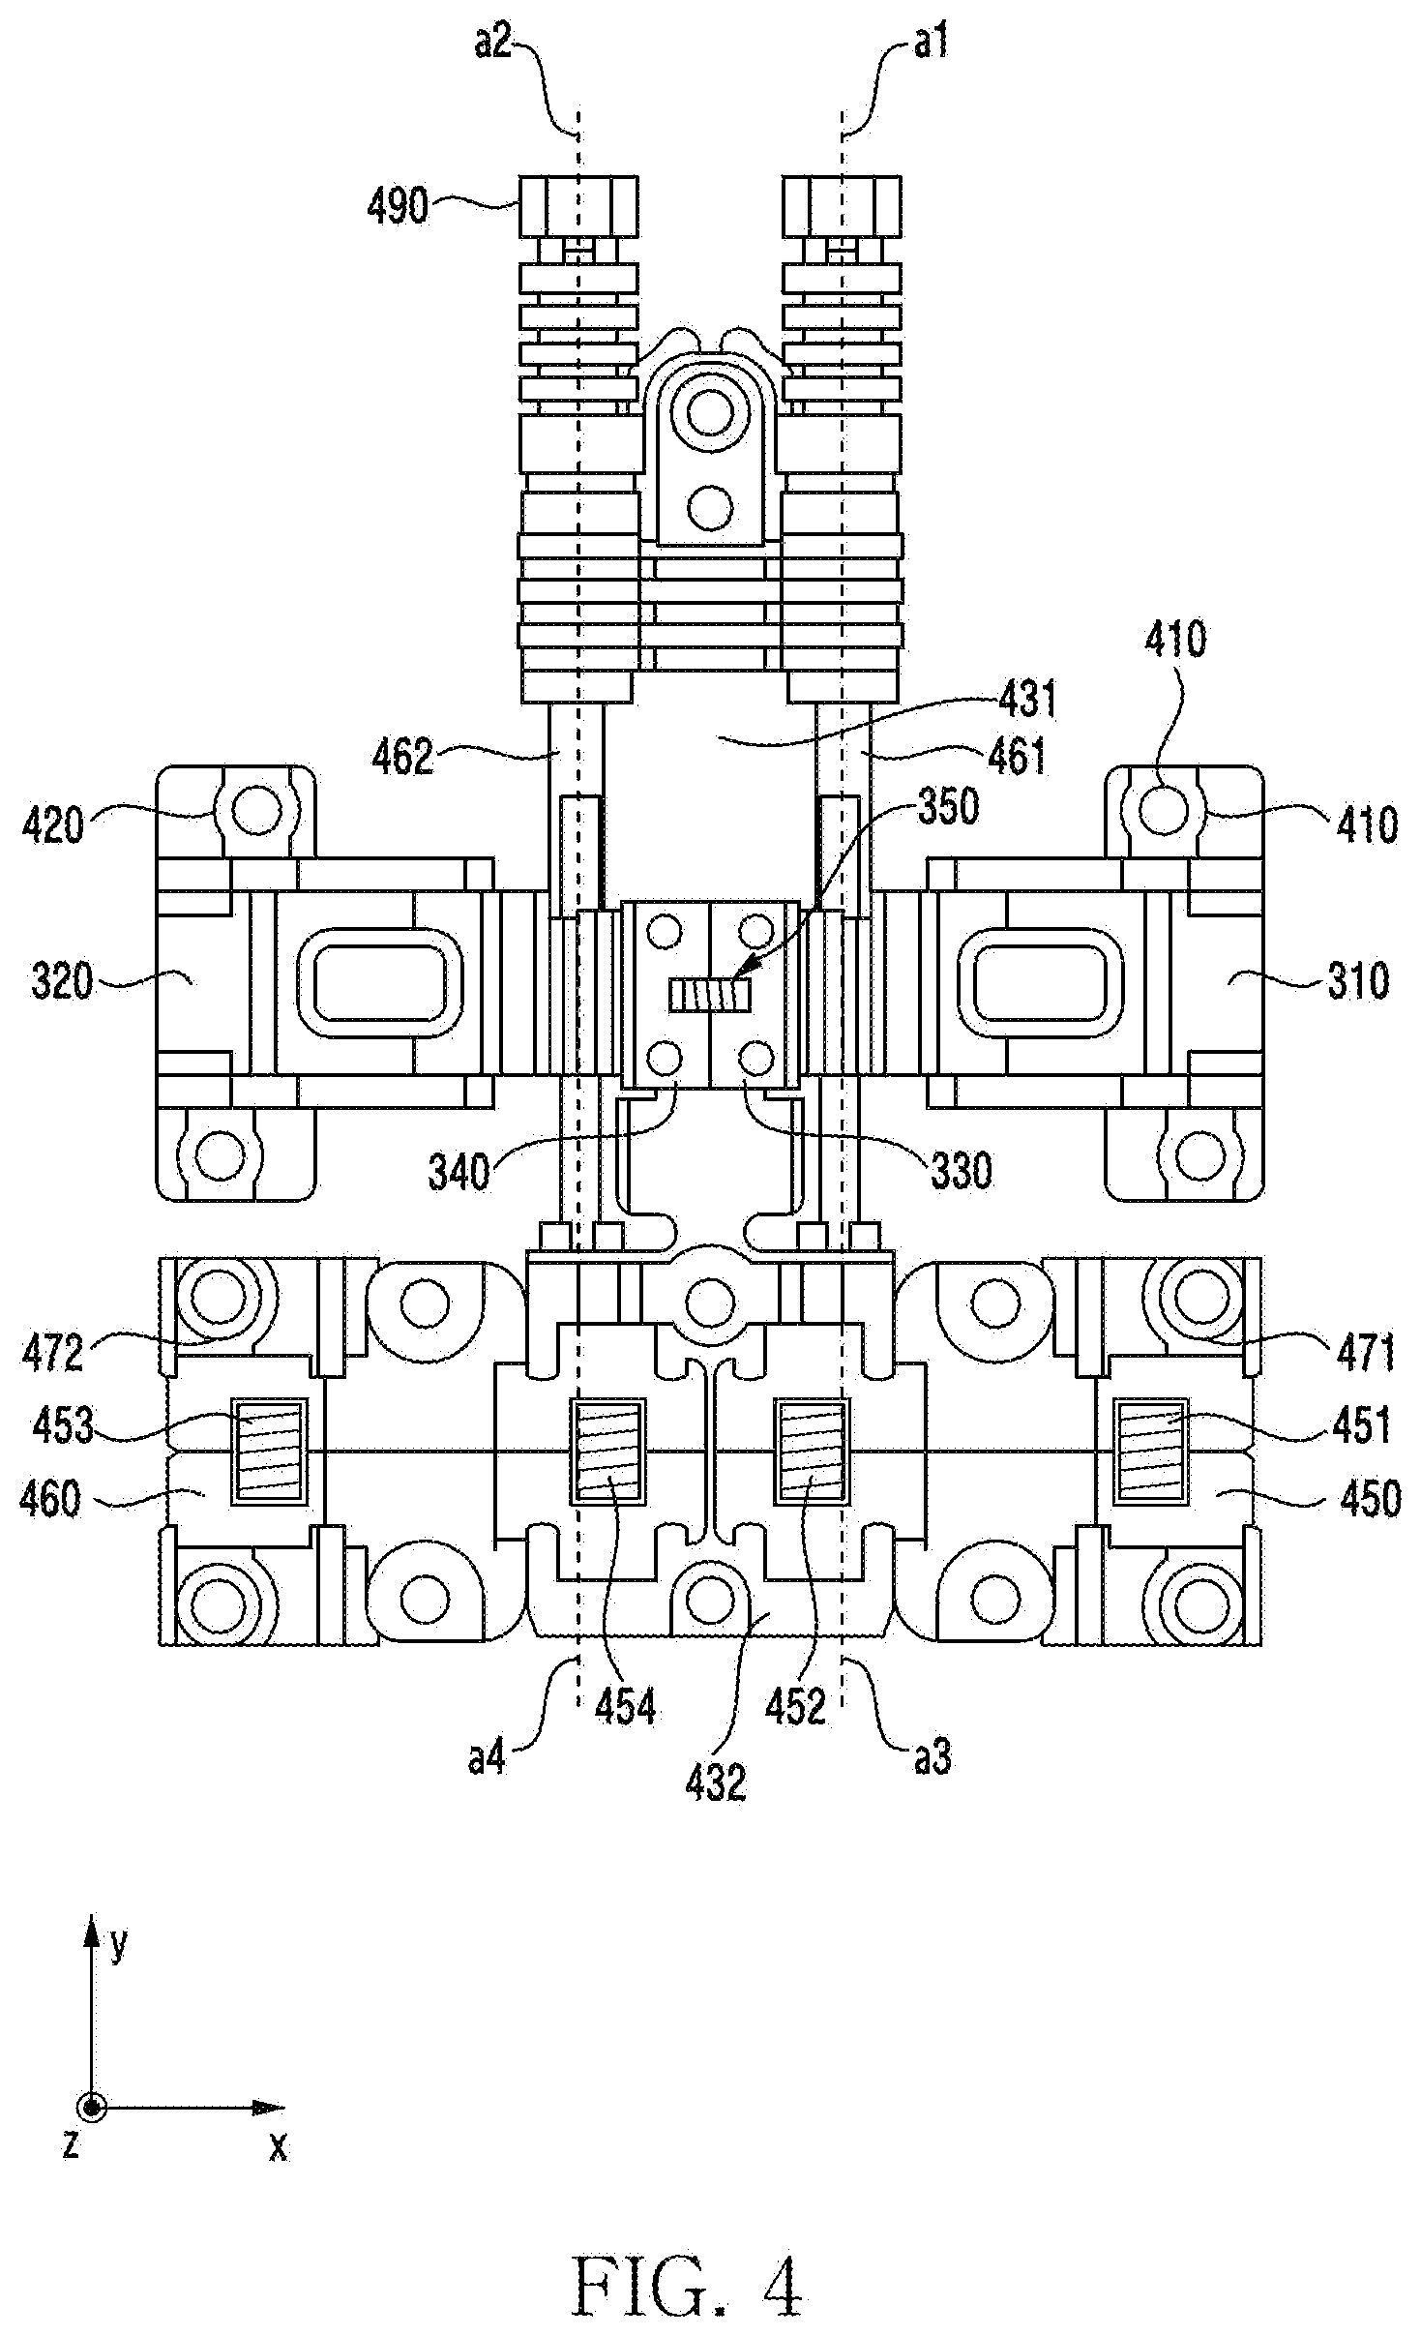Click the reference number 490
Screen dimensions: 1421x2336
397,206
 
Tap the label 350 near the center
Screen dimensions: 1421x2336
948,808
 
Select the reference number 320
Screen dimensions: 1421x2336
62,982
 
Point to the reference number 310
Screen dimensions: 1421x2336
1359,981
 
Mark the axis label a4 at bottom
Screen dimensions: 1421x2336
488,1758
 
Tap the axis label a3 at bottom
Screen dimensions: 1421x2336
931,1758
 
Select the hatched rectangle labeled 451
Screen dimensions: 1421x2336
1151,1451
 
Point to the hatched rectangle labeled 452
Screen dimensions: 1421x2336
812,1451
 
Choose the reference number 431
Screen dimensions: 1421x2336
1028,700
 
